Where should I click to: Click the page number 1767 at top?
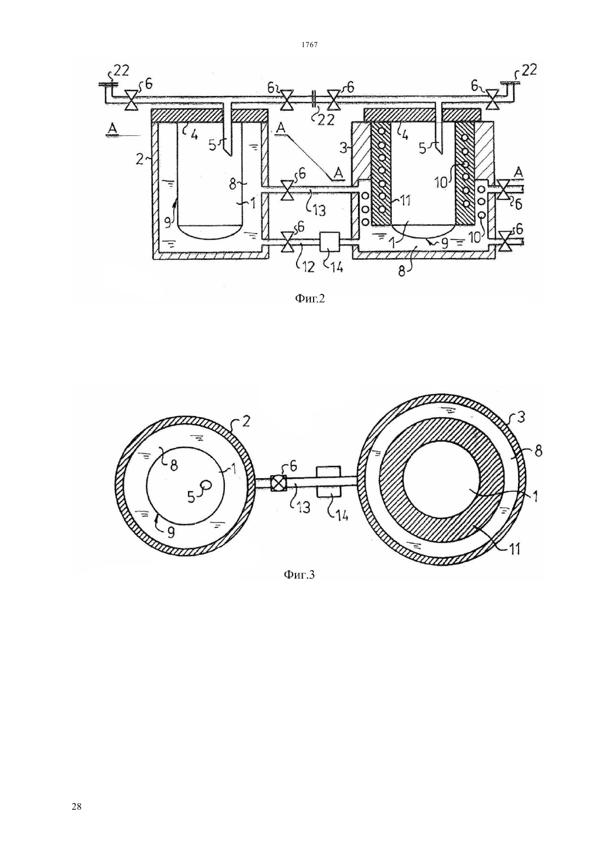pos(309,45)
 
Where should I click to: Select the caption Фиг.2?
pos(310,299)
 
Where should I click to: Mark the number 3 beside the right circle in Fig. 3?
pos(521,417)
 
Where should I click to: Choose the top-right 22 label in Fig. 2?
pos(529,71)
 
